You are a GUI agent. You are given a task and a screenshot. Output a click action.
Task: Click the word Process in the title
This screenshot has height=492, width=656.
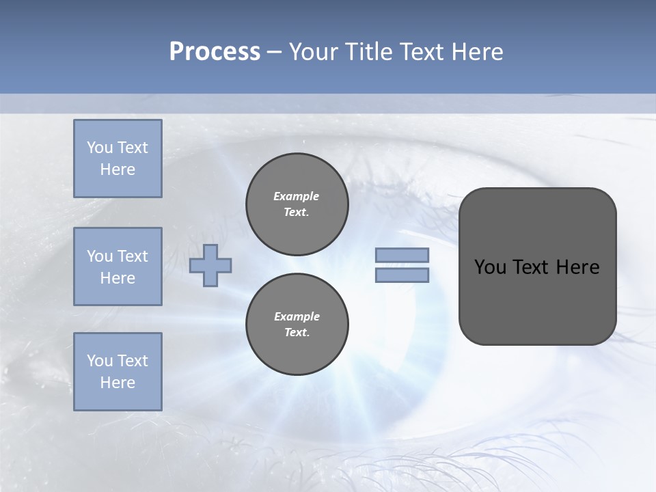coord(215,52)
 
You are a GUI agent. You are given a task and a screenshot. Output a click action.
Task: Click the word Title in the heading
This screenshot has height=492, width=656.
coord(368,52)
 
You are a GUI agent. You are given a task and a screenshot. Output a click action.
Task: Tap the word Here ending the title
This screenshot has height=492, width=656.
coord(478,52)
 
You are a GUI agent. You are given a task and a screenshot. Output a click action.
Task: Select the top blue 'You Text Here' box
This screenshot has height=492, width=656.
coord(118,159)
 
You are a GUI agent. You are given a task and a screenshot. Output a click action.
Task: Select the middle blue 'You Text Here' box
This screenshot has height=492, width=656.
coord(118,266)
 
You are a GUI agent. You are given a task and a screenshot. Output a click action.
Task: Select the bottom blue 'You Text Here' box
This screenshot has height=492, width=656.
coord(118,371)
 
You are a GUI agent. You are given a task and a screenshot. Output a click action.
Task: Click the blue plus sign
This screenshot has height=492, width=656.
coord(210,265)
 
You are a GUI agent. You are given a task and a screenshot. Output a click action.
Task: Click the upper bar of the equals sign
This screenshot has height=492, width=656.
coord(402,256)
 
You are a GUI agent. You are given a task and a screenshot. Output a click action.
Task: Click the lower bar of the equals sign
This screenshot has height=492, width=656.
coord(402,275)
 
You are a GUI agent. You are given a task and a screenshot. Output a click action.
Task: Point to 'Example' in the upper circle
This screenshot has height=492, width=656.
coord(297,196)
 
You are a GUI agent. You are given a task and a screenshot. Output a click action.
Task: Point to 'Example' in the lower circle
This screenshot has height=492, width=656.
coord(297,316)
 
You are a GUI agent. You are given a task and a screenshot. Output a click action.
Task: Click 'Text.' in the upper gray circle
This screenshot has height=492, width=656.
coord(297,212)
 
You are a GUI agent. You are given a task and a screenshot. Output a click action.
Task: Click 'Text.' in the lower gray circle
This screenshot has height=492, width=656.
coord(297,332)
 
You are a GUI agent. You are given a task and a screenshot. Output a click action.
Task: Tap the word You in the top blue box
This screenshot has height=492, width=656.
coord(100,148)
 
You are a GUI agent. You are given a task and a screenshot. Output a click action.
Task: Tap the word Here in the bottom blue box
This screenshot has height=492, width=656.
coord(118,383)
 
